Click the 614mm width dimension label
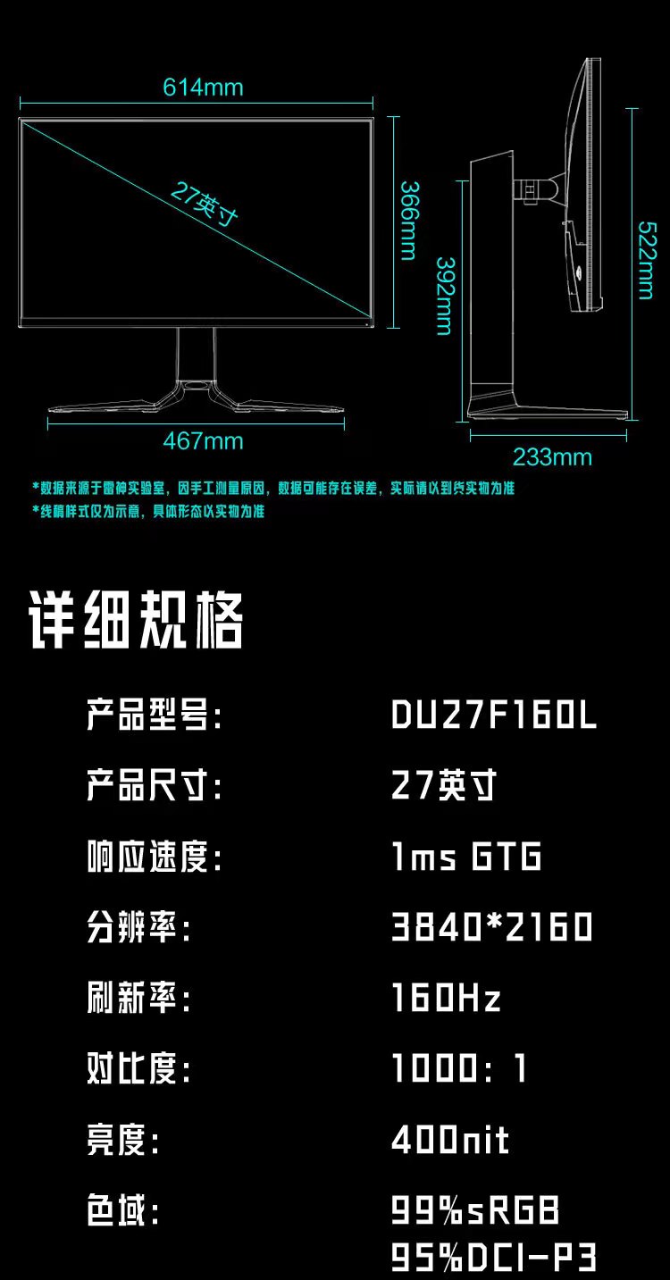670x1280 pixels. (x=203, y=88)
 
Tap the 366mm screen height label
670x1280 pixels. (x=409, y=221)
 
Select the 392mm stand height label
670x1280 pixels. (x=446, y=296)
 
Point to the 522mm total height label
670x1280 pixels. (x=647, y=260)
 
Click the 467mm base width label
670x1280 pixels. (x=203, y=441)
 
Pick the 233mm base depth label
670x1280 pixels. (x=552, y=457)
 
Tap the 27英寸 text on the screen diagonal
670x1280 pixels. (x=204, y=204)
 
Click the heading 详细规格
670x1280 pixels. (x=136, y=620)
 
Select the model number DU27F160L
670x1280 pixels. (x=494, y=715)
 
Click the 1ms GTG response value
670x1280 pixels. (x=466, y=856)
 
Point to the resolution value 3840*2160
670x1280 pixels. (x=492, y=927)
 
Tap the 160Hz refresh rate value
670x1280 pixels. (x=447, y=998)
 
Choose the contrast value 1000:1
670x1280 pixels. (x=459, y=1068)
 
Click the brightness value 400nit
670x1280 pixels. (x=450, y=1140)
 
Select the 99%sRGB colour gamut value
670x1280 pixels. (x=475, y=1209)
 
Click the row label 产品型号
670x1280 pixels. (x=154, y=715)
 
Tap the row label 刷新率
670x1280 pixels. (x=138, y=998)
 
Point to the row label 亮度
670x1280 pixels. (x=122, y=1140)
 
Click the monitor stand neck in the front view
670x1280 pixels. (x=196, y=355)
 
